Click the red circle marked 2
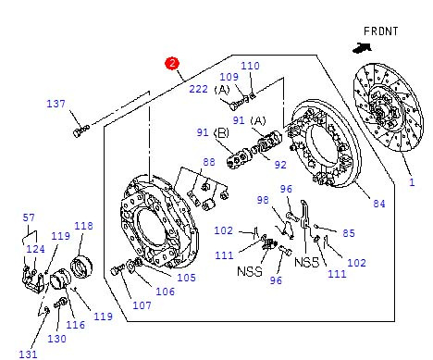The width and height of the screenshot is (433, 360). point(172,64)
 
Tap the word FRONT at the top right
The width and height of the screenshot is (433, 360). point(381,31)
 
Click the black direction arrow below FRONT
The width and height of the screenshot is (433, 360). point(362,48)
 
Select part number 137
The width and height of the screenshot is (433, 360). point(56,104)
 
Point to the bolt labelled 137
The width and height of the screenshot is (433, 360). point(81,130)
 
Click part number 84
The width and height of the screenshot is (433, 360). point(379,204)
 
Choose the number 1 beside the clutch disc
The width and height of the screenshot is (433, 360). point(412,182)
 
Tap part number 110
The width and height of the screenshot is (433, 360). point(250,66)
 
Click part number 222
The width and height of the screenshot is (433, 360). point(198,89)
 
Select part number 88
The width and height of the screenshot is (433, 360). point(209,162)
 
